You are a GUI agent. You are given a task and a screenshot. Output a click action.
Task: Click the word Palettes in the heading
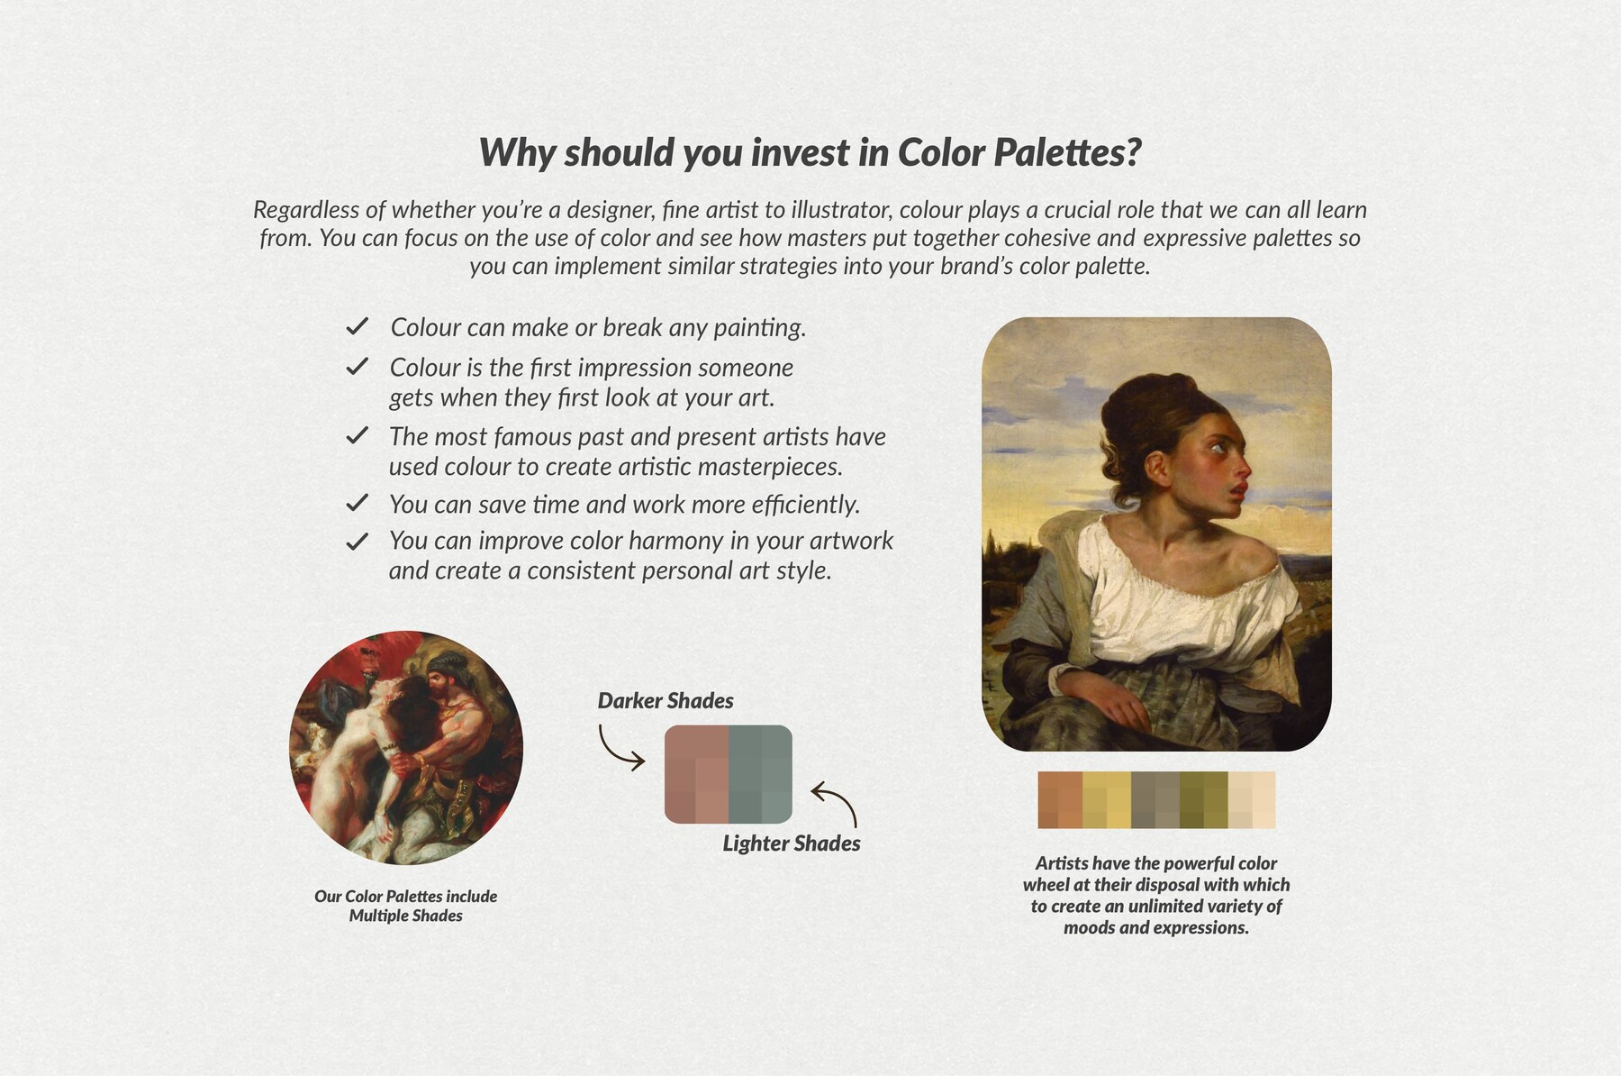click(1067, 152)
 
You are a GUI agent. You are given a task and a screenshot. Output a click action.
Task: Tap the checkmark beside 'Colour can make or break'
click(358, 326)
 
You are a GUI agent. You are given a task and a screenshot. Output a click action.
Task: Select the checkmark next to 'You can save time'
click(358, 503)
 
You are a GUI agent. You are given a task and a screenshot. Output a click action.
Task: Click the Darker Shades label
click(666, 701)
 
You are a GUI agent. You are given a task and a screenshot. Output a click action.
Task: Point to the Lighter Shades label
click(791, 843)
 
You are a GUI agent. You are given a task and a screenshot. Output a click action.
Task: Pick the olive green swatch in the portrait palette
click(1204, 799)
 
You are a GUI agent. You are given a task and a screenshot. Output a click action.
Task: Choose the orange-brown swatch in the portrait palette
click(1061, 799)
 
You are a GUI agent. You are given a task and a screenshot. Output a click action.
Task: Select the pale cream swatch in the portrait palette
click(1252, 799)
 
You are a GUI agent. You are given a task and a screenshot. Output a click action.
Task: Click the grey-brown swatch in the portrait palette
click(1155, 799)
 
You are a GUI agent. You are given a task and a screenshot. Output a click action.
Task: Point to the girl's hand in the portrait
click(1117, 704)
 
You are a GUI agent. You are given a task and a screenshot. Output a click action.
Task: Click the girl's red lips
click(1241, 488)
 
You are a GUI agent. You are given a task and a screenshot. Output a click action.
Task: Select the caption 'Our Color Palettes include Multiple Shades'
click(405, 906)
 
